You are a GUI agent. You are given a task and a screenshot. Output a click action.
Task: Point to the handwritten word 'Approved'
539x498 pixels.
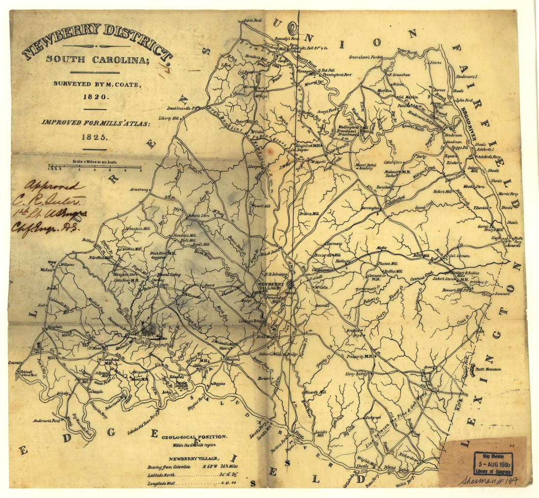click(55, 186)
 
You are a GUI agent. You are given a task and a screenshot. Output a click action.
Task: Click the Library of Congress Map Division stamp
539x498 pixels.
click(493, 463)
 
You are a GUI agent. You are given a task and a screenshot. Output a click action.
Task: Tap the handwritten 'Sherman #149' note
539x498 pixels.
click(487, 480)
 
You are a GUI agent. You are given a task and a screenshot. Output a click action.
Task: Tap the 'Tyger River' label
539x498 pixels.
click(406, 50)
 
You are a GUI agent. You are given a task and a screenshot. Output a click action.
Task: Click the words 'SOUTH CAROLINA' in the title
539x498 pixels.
click(97, 59)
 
